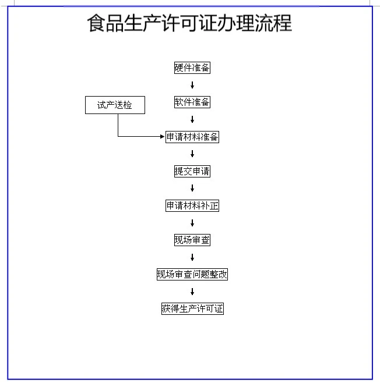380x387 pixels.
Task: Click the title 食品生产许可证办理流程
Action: coord(189,24)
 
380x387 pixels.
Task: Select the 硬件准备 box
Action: coord(192,68)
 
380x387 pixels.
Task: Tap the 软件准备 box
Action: coord(192,102)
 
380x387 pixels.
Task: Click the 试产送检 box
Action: coord(115,105)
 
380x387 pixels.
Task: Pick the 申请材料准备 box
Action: coord(192,137)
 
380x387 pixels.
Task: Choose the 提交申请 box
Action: coord(192,172)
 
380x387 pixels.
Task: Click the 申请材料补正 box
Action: coord(192,206)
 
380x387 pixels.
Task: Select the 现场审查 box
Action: coord(192,240)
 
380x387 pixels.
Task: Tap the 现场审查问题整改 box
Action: coord(192,275)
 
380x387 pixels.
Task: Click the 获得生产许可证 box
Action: coord(192,309)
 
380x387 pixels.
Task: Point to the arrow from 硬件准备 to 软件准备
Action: coord(192,86)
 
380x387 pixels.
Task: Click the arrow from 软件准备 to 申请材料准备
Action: coord(192,120)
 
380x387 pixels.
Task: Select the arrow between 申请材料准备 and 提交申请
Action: coord(192,154)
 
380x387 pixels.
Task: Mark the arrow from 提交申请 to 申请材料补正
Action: coord(192,189)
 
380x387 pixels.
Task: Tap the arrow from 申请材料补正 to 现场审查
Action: coord(192,223)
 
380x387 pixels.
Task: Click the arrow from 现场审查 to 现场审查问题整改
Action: coord(192,257)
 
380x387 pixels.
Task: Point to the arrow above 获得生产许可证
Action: coord(192,292)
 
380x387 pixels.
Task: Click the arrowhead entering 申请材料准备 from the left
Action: coord(163,137)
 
